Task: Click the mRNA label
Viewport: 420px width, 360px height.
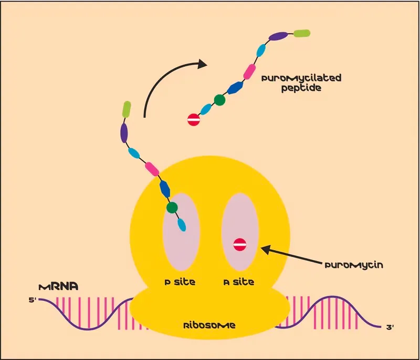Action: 59,287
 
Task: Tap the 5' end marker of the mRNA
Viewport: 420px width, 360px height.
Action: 33,300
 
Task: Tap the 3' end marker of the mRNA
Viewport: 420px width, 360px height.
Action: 390,327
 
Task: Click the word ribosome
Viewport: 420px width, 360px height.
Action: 209,325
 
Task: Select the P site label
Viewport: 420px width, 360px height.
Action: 180,282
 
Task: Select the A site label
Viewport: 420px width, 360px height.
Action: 239,282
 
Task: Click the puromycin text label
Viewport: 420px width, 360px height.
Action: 354,265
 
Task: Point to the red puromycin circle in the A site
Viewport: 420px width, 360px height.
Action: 240,244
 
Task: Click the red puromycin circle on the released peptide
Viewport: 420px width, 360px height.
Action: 194,119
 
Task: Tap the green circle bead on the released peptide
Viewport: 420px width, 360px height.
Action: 219,100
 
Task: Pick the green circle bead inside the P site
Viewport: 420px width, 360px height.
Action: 172,207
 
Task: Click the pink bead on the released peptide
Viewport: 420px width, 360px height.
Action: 249,71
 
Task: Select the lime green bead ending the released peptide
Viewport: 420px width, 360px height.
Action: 302,33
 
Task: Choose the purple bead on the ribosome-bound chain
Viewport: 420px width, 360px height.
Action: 124,133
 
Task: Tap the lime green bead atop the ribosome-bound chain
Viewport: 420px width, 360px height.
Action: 127,109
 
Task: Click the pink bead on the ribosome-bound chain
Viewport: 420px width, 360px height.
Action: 152,169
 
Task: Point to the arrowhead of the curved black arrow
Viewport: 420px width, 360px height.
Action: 203,64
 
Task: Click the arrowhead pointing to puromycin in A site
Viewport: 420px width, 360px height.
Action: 265,249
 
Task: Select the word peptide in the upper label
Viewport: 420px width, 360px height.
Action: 301,88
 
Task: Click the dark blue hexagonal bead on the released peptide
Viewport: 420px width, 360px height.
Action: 235,88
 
